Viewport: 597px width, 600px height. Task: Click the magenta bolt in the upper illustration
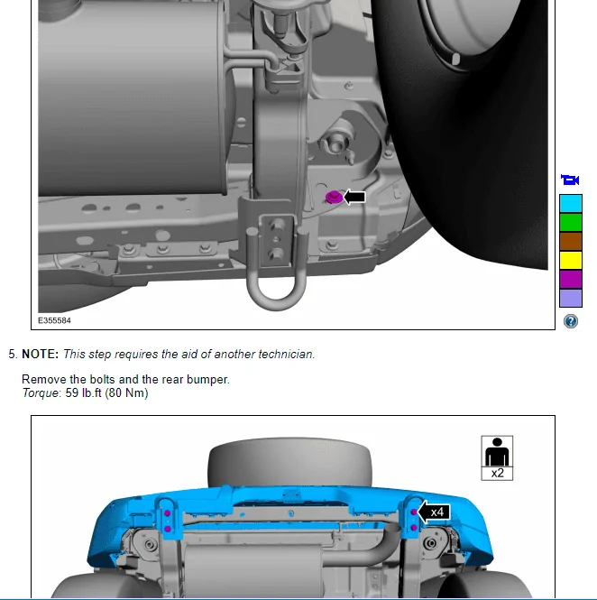click(334, 198)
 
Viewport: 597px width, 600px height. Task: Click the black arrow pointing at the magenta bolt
click(354, 197)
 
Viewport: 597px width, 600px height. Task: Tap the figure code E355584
click(54, 320)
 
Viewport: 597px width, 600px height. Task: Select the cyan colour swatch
click(571, 204)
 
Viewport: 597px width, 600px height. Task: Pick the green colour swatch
click(571, 222)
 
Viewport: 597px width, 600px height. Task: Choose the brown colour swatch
click(571, 241)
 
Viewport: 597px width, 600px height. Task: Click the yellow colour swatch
click(571, 260)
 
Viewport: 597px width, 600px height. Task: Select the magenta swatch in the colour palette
click(571, 279)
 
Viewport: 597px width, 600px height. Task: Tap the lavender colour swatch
click(571, 298)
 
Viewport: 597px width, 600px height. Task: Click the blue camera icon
click(570, 180)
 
